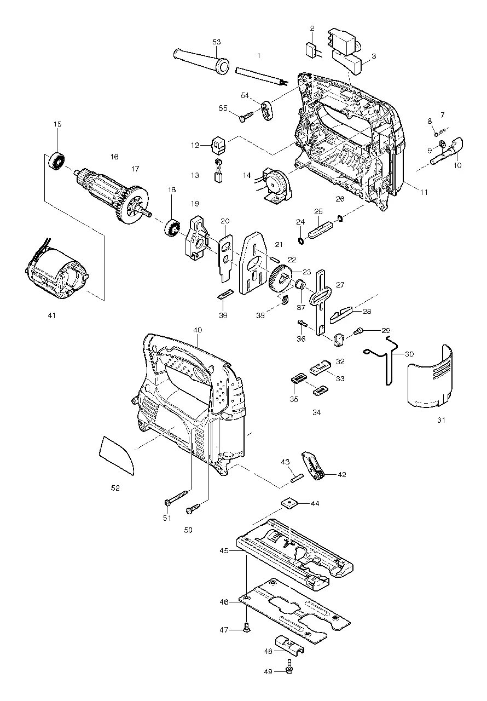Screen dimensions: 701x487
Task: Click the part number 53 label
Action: pos(217,42)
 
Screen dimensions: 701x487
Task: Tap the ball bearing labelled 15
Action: pos(57,160)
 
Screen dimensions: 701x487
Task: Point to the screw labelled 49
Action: pos(289,666)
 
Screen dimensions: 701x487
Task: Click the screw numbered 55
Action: pos(246,116)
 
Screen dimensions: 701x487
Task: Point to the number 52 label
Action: pos(115,487)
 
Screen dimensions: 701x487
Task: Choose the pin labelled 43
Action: pos(295,476)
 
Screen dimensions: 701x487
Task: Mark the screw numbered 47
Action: pos(246,630)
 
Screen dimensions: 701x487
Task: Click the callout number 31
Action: pos(442,420)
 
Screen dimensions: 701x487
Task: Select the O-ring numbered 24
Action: pos(301,240)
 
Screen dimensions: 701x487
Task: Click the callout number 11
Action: pos(424,192)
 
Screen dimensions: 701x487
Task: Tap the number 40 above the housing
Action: pos(198,330)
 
